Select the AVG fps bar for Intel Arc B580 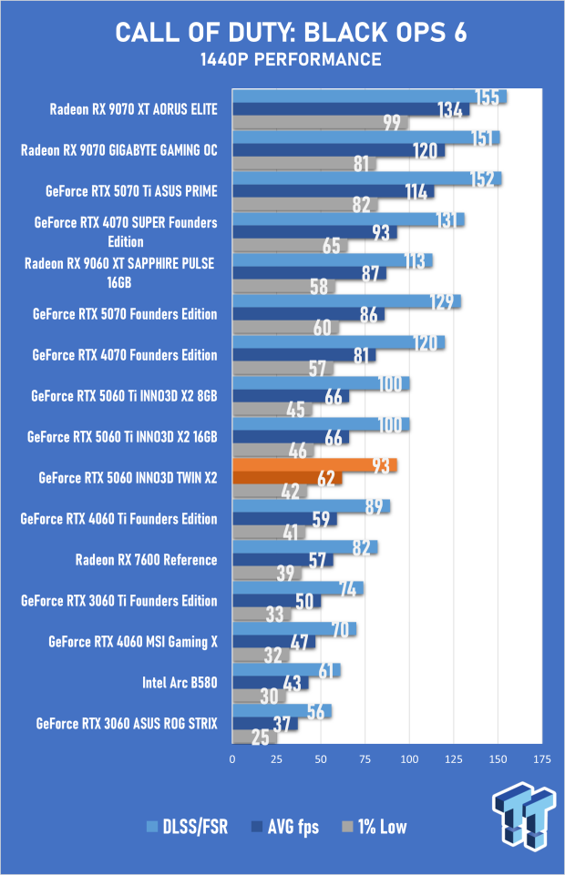[x=257, y=682]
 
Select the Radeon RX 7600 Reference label [x=146, y=560]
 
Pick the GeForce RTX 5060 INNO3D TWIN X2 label [x=128, y=478]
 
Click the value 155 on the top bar [x=488, y=97]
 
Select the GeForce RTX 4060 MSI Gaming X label [x=132, y=642]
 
